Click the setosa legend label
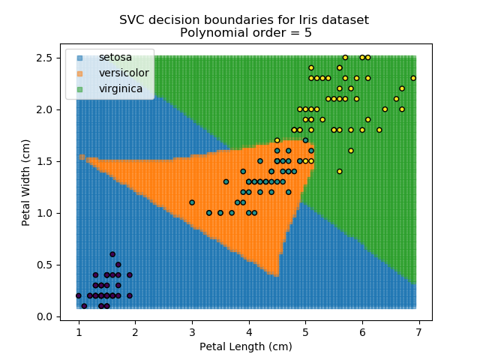115,57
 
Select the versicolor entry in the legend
124,73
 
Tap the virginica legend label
121,89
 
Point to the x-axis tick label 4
248,331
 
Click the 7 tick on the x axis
418,331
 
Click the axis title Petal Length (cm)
245,346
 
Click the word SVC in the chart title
133,19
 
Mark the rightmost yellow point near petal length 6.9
413,78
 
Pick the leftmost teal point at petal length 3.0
192,202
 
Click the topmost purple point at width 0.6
112,254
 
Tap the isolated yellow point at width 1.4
339,171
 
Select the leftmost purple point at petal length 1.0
79,295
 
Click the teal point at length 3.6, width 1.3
226,181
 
